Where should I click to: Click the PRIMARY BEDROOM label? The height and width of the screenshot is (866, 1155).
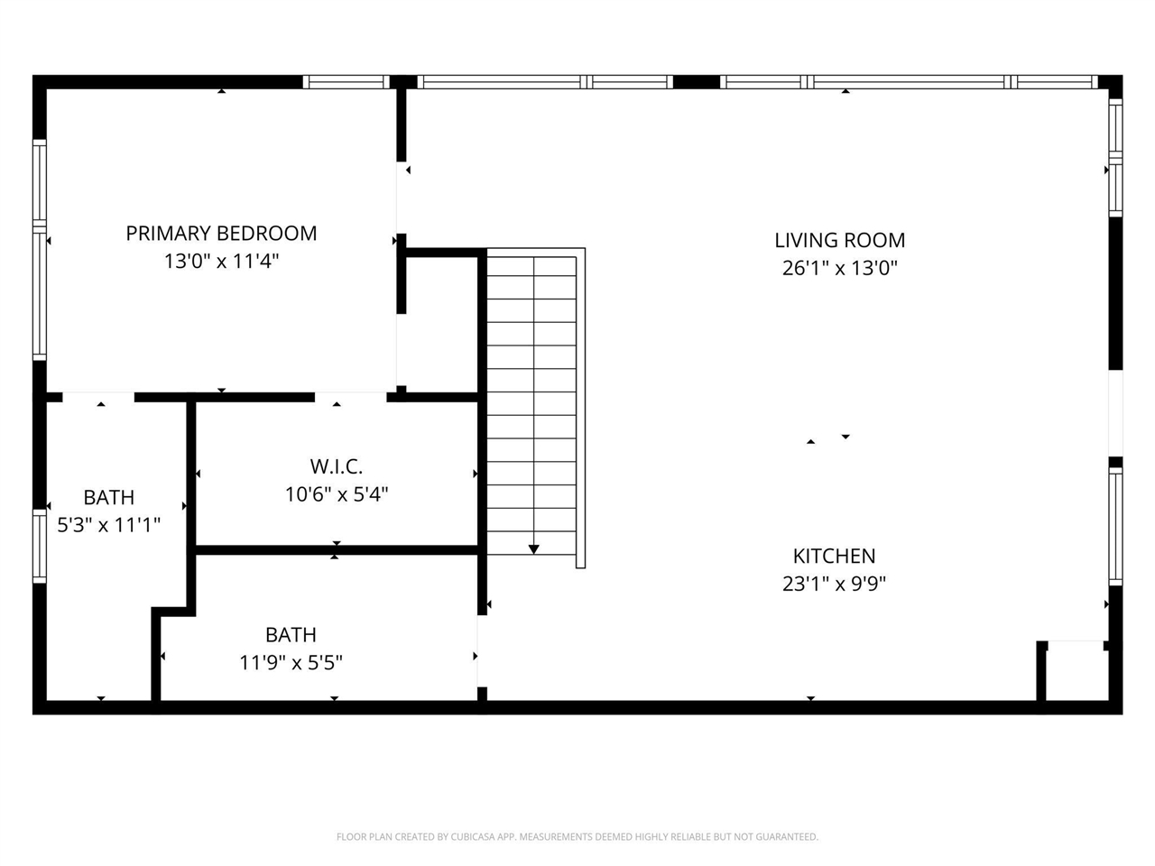click(x=221, y=234)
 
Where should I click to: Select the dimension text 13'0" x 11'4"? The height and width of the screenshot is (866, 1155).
click(x=221, y=262)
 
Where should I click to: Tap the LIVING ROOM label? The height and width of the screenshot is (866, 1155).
click(x=839, y=240)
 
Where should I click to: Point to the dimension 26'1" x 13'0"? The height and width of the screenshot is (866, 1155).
click(x=839, y=268)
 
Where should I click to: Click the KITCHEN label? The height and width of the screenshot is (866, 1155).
click(x=834, y=556)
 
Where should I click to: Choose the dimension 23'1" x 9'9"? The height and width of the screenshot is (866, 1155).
click(x=834, y=584)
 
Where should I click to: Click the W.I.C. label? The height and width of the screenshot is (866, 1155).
click(x=336, y=466)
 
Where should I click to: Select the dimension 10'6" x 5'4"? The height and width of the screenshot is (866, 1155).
click(x=336, y=494)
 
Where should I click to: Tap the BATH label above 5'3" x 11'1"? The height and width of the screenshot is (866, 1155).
click(x=108, y=497)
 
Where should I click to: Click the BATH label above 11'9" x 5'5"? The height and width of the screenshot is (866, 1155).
click(x=291, y=635)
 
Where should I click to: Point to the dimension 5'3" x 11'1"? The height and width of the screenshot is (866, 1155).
click(x=108, y=524)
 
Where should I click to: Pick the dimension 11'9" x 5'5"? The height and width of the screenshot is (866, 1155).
click(x=291, y=663)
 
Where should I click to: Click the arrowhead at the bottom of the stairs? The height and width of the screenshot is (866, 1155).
click(x=533, y=548)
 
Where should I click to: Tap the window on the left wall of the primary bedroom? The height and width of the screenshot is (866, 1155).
click(x=40, y=250)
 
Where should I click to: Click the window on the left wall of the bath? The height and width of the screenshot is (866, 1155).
click(x=40, y=546)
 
